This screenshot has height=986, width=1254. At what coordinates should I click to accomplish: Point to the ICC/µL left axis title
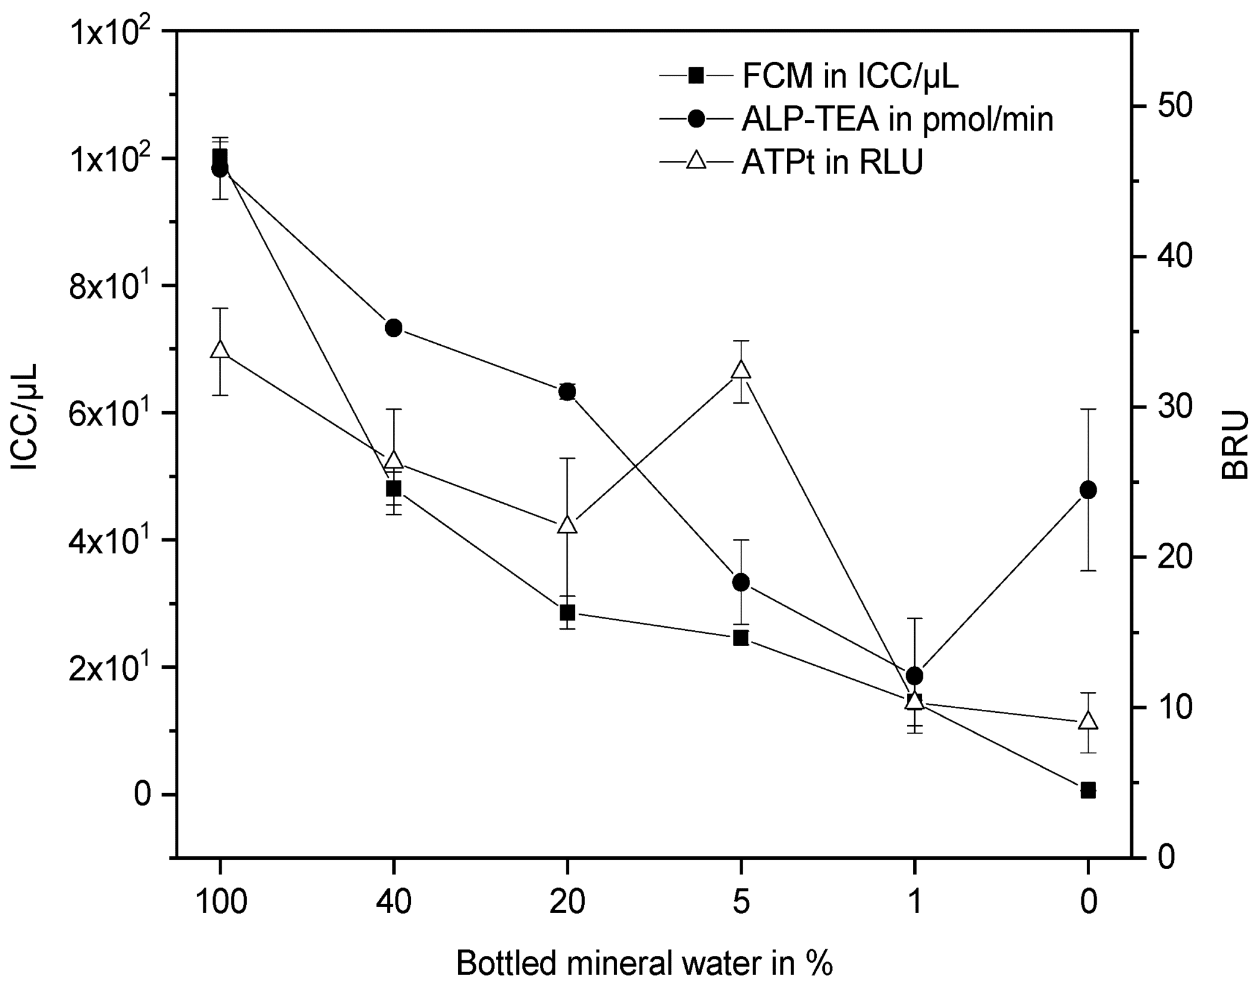(x=25, y=416)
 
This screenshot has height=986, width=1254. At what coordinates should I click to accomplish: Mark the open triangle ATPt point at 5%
(x=741, y=371)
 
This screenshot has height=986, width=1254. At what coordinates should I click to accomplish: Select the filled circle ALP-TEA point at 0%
(x=1088, y=490)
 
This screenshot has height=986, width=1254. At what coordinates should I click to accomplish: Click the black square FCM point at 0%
(x=1088, y=790)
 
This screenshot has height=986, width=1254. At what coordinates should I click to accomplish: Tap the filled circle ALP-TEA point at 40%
(x=394, y=328)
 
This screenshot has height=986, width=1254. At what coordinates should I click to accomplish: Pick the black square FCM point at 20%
(x=567, y=612)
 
